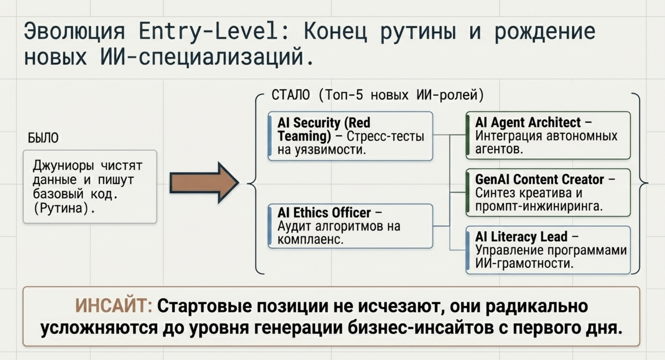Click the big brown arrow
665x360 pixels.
204,183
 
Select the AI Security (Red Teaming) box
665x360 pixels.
350,136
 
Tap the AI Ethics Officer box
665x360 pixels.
350,226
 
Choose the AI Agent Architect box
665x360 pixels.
548,135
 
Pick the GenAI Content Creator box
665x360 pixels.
548,192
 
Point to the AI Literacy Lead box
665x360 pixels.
548,250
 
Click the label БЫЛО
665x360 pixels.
43,138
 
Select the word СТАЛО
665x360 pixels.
291,95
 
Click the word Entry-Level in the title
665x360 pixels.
214,31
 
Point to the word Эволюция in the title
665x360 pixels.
74,31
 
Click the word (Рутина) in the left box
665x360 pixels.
64,208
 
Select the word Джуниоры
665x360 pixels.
63,166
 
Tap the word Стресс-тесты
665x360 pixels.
385,136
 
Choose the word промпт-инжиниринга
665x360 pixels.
539,206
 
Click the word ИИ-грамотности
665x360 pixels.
524,263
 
